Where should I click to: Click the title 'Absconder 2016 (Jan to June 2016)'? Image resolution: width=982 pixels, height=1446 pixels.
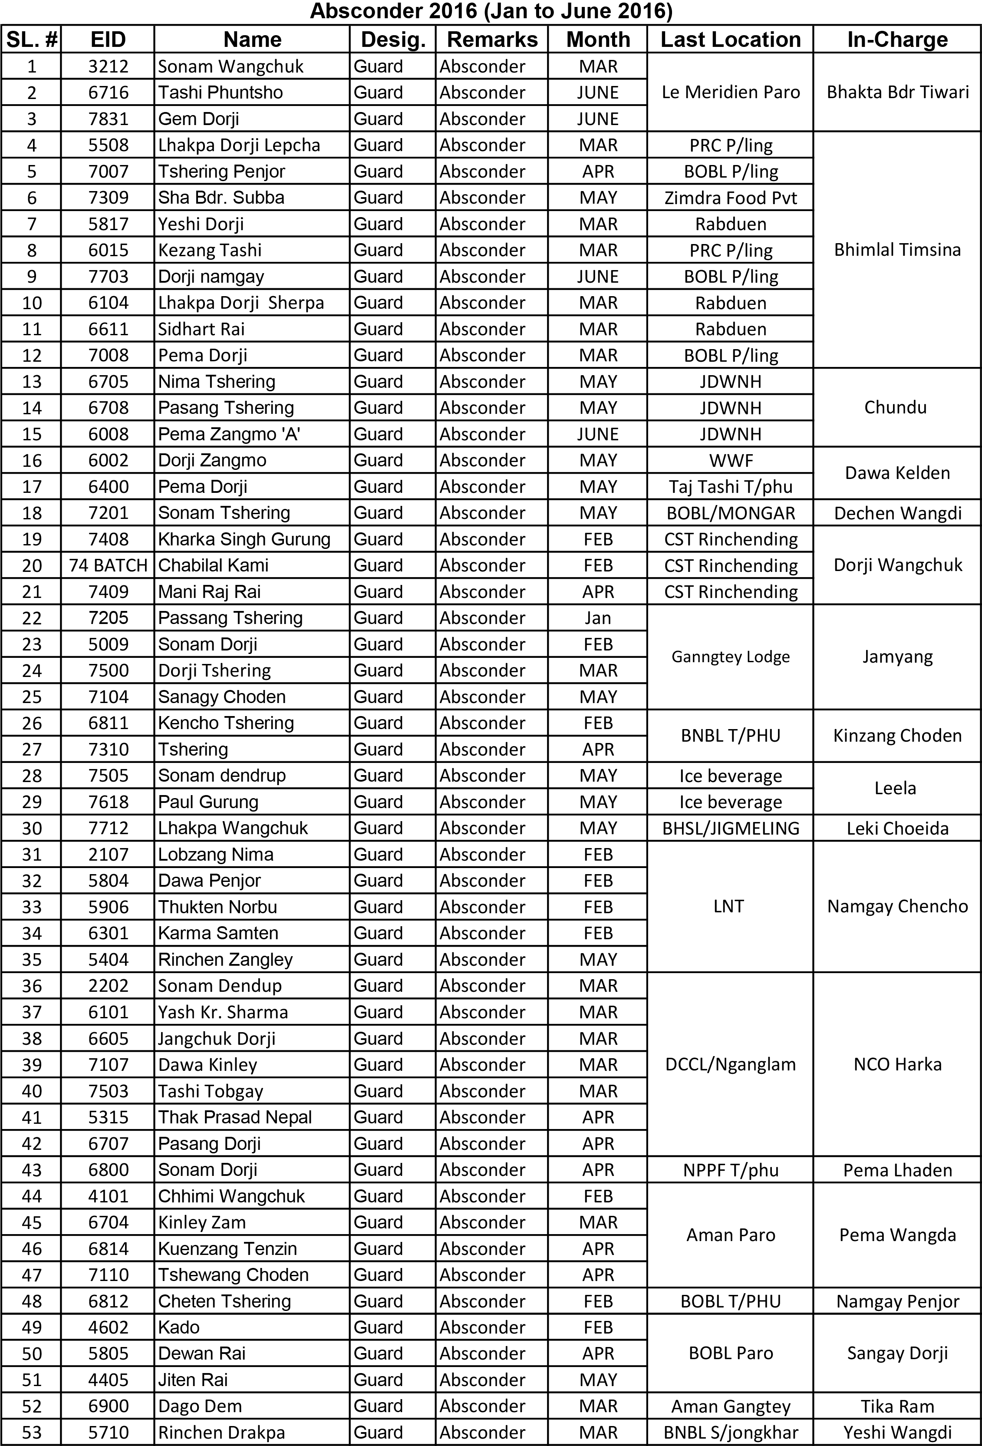[491, 11]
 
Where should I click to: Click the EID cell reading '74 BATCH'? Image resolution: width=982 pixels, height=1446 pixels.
[108, 565]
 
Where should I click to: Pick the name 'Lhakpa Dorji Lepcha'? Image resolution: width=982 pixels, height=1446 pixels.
[239, 145]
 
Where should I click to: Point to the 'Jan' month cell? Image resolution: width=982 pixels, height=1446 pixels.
[598, 618]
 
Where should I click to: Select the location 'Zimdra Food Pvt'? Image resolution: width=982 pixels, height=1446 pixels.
[730, 198]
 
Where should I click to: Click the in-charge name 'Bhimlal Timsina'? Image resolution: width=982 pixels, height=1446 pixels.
[897, 250]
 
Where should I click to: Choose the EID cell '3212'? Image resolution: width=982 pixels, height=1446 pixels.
[108, 66]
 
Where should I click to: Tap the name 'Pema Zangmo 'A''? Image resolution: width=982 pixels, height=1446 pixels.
[229, 434]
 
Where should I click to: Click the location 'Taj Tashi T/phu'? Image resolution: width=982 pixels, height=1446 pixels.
[730, 487]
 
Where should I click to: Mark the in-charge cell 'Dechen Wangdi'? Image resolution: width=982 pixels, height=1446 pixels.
[897, 513]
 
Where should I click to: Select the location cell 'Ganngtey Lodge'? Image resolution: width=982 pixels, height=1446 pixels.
[730, 657]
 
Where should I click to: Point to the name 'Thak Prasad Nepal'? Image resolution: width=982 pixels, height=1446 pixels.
[234, 1117]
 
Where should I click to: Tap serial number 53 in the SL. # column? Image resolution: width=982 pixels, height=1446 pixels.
[32, 1432]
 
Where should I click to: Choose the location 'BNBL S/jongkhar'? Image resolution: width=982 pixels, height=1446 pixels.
[730, 1432]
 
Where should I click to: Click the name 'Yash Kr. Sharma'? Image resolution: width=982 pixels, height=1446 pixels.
[223, 1012]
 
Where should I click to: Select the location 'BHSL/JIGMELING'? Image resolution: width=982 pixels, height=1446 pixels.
[730, 828]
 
